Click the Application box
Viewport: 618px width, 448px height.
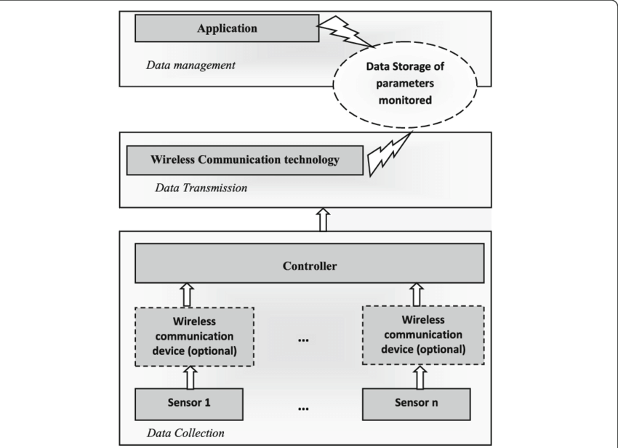click(227, 29)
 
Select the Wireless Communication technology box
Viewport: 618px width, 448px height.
click(244, 160)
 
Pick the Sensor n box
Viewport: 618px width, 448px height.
click(417, 401)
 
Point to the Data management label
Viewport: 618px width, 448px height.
click(190, 65)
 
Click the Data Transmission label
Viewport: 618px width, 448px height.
click(201, 188)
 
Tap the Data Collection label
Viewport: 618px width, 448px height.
click(185, 433)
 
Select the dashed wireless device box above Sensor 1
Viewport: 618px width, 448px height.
click(193, 336)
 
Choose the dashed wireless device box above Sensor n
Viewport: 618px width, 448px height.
click(422, 336)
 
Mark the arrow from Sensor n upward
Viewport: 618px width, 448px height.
click(419, 377)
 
